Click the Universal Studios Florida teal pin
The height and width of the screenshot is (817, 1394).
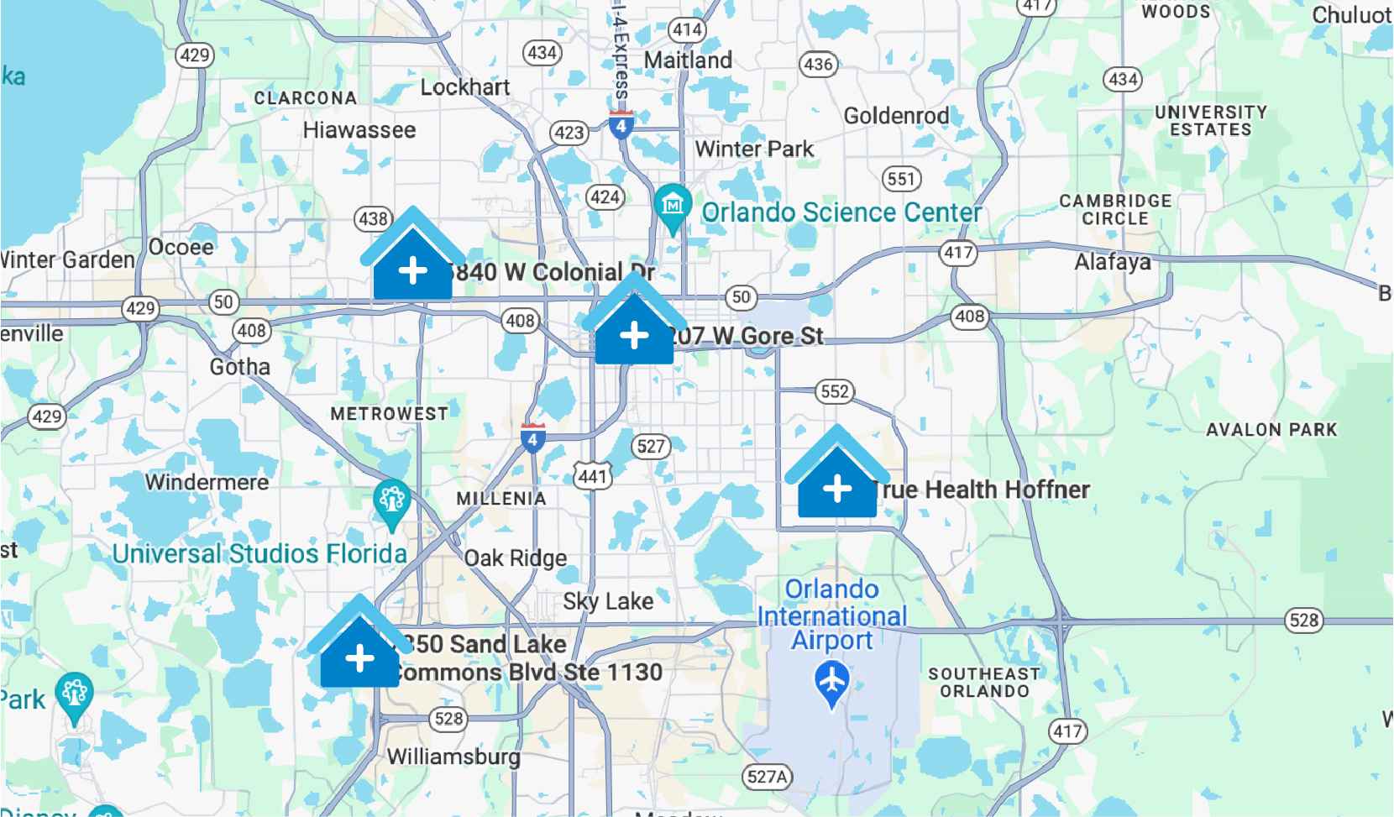[391, 501]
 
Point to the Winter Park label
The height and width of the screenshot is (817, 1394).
[754, 149]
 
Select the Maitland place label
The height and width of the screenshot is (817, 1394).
[688, 60]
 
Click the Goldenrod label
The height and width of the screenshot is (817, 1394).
[896, 116]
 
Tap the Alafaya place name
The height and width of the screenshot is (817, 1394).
[1113, 262]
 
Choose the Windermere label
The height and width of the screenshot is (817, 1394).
[207, 482]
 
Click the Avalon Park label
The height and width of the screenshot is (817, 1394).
[1271, 430]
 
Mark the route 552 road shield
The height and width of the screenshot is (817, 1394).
[834, 391]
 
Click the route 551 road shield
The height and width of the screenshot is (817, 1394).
[901, 179]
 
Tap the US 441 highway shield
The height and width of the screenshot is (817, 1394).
[592, 476]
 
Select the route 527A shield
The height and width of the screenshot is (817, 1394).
[768, 777]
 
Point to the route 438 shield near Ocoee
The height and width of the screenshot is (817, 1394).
[373, 219]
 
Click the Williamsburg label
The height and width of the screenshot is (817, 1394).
[453, 757]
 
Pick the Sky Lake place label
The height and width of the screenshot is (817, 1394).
[608, 601]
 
